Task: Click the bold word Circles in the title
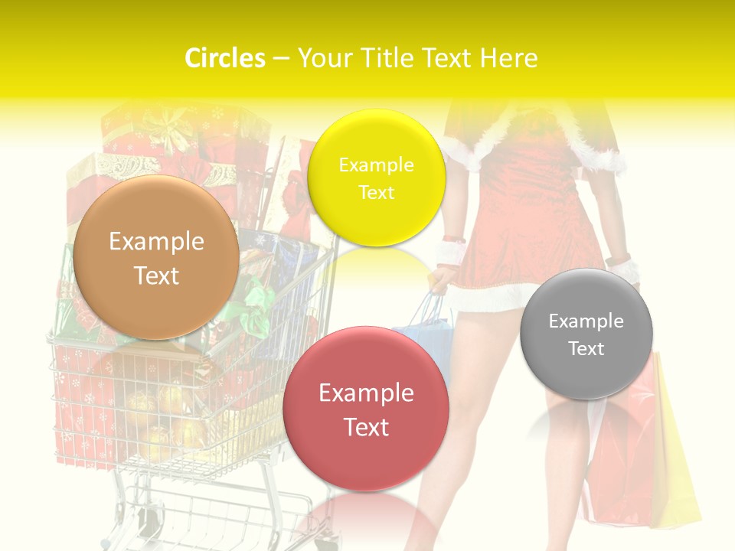point(225,58)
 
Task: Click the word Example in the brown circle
point(156,242)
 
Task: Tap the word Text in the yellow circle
point(376,193)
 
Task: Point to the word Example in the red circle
point(366,393)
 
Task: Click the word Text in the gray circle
point(586,349)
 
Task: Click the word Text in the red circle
point(366,427)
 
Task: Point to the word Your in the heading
point(323,58)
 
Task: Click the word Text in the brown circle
point(156,275)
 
